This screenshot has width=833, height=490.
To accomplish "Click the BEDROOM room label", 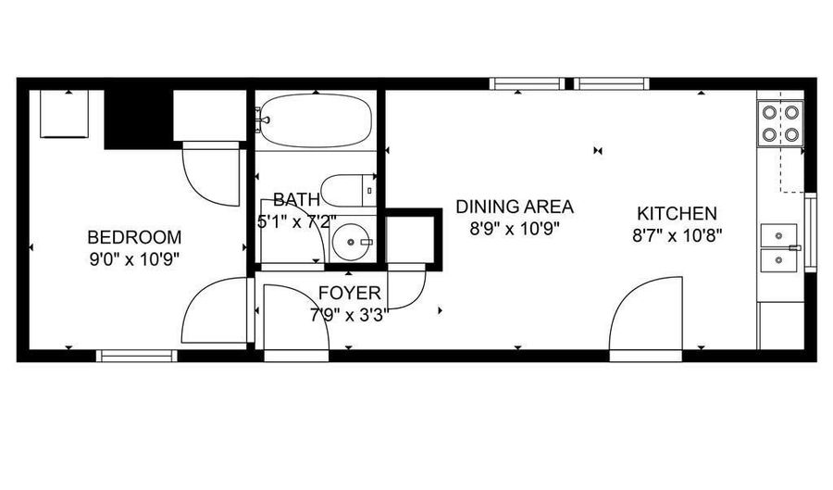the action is [x=134, y=236].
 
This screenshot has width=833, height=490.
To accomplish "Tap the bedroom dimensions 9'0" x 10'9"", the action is [x=134, y=260].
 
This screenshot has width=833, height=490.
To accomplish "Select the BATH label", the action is [x=296, y=200].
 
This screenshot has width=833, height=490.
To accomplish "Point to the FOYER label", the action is [x=350, y=293].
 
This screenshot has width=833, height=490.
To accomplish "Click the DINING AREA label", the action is [x=515, y=207].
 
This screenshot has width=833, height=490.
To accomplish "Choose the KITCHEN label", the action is [x=677, y=213].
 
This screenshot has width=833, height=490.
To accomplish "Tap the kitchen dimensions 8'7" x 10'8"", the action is [x=677, y=235].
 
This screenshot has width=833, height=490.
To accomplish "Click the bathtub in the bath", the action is [x=316, y=120].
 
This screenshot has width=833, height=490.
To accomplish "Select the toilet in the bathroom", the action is [x=349, y=191].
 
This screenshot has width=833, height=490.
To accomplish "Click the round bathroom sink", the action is [x=351, y=242].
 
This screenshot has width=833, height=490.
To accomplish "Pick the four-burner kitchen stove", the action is [x=780, y=123].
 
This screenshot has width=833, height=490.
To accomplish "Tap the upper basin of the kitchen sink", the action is [x=778, y=235].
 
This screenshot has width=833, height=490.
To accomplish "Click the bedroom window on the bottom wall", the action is [x=137, y=356].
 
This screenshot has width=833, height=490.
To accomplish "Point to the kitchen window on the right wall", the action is [x=811, y=232].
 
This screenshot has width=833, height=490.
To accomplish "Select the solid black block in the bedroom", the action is [x=139, y=119].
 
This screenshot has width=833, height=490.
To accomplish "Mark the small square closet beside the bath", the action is [x=413, y=240].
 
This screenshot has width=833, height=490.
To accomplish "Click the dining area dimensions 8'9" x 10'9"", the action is [x=515, y=229].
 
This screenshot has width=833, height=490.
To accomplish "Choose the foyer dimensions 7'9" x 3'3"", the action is [x=350, y=315].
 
